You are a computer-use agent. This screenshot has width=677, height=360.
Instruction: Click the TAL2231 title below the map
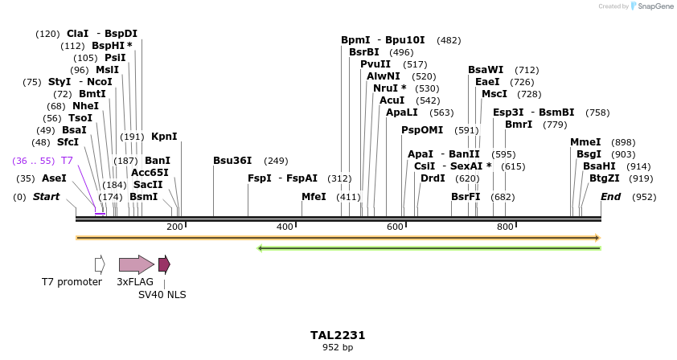point(338,335)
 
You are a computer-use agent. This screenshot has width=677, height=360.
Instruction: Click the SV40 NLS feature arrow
point(164,264)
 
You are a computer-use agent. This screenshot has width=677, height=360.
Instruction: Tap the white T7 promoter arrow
point(100,264)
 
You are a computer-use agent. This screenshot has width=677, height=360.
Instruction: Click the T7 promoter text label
point(72,282)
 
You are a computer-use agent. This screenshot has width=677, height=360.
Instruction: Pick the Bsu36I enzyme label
point(232,161)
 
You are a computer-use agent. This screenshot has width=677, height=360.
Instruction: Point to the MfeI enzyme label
point(314,197)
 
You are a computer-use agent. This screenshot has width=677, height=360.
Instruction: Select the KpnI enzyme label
point(164,137)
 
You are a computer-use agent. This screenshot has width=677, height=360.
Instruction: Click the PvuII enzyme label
point(375,64)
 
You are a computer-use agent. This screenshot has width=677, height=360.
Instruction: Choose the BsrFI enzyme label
point(466,197)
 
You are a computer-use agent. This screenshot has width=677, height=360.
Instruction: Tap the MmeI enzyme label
point(585,142)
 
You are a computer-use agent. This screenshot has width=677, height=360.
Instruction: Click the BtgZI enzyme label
point(605,178)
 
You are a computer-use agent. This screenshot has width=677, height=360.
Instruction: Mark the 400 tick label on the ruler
point(285,227)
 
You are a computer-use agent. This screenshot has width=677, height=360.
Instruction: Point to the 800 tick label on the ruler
point(505,227)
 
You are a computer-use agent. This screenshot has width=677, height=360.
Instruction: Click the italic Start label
point(46,197)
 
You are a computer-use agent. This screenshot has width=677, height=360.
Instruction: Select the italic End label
point(610,197)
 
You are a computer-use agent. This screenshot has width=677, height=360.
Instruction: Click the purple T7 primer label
point(67,161)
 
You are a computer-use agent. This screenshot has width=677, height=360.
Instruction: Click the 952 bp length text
point(338,347)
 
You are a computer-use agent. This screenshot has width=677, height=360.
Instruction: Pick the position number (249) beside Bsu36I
point(276,161)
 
